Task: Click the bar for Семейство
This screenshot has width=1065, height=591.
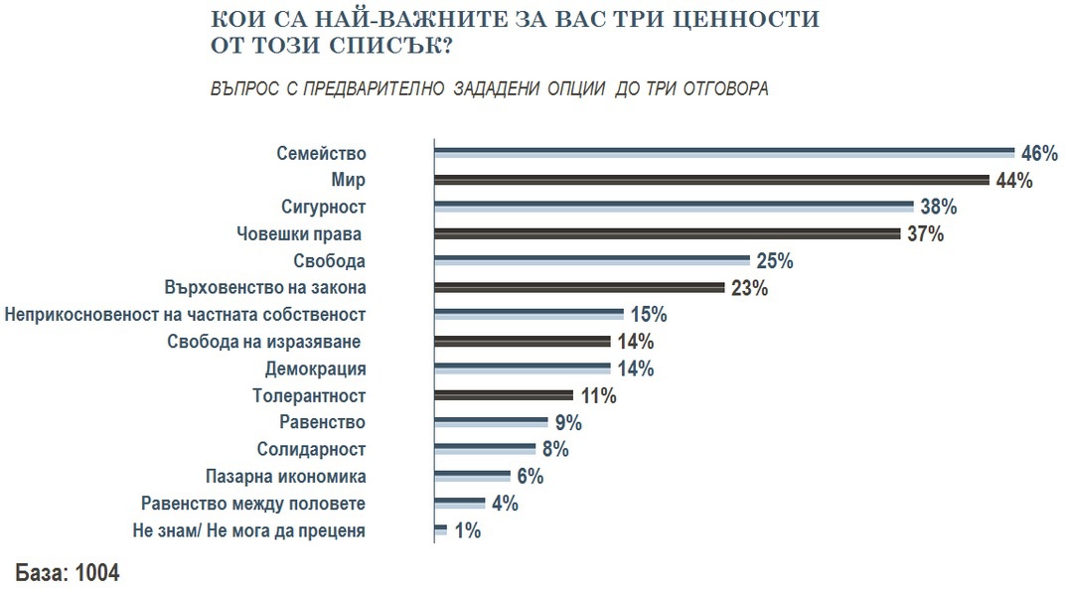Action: (724, 153)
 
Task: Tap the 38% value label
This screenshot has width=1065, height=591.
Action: (938, 207)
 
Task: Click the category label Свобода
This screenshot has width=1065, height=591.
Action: (330, 261)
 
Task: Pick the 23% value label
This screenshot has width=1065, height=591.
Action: (749, 288)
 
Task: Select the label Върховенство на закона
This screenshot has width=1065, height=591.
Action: (264, 288)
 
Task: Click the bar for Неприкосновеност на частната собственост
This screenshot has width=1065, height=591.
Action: (529, 315)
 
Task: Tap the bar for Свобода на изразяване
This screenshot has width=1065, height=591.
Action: (522, 342)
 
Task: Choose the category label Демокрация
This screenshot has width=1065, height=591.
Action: (316, 369)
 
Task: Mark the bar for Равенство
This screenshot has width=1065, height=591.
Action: (492, 422)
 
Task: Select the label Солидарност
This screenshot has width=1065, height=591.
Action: (312, 449)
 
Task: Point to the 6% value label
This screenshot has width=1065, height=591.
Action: (529, 477)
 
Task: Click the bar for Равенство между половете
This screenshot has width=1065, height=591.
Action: (460, 503)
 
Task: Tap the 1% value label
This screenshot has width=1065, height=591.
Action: (467, 530)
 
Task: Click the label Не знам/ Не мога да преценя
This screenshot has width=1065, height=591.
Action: (248, 530)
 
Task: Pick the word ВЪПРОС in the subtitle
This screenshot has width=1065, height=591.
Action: (244, 88)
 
